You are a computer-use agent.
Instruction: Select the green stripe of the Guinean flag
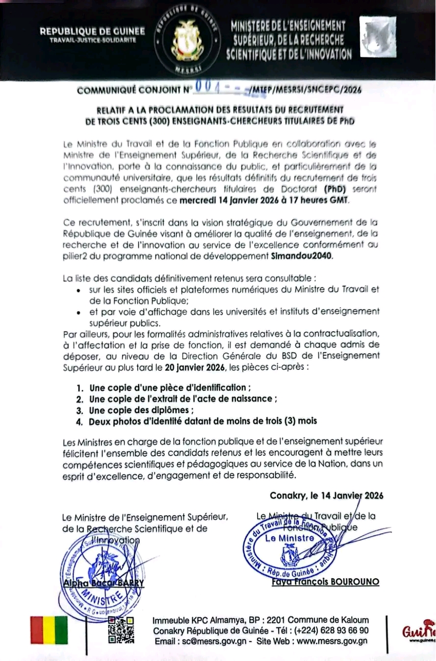point(61,630)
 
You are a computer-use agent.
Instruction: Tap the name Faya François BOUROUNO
point(328,582)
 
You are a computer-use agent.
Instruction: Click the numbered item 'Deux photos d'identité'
point(203,421)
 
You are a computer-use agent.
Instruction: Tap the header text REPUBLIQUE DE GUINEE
point(92,31)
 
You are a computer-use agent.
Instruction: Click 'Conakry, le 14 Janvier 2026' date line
point(327,495)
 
